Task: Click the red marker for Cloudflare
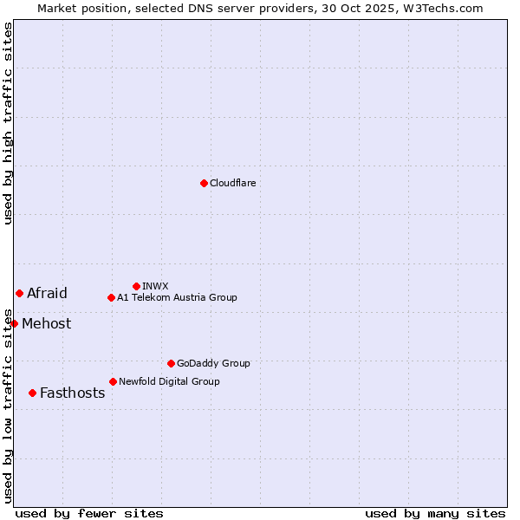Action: pos(204,183)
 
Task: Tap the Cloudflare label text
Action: pos(233,183)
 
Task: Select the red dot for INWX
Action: pos(136,286)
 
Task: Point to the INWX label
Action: pos(155,286)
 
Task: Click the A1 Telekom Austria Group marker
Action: pos(111,297)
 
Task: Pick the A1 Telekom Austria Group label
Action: pos(177,297)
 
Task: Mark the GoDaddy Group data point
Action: pos(171,363)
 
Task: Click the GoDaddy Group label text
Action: pos(213,363)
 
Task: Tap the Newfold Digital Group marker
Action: pos(113,381)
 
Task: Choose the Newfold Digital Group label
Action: pos(169,381)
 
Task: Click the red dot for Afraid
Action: pos(19,293)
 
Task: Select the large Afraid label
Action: pos(47,293)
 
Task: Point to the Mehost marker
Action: pos(14,323)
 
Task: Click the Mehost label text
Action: pos(47,324)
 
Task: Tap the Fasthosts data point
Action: pos(32,393)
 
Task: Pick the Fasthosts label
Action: pos(72,393)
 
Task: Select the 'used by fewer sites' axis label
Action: pos(89,513)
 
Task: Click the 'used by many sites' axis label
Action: pos(435,513)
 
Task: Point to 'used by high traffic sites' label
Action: pos(8,124)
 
